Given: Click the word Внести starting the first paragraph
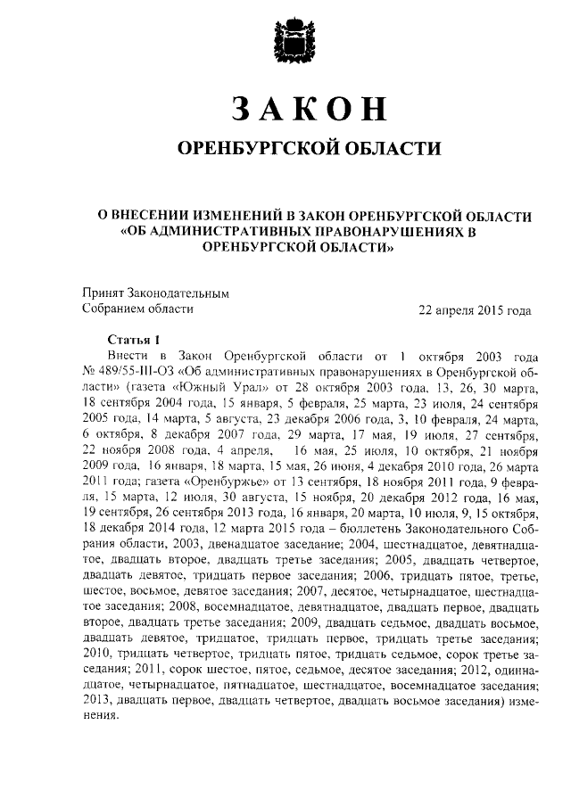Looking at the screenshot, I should point(128,356).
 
